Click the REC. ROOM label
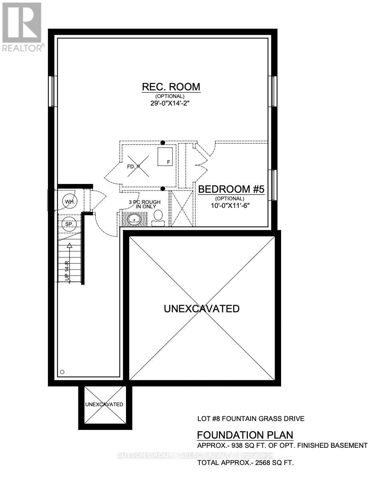click(171, 87)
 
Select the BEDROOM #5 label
click(231, 189)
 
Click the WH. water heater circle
click(69, 202)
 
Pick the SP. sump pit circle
click(69, 224)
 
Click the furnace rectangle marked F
click(165, 156)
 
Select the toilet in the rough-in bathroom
click(159, 218)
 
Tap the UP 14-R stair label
click(68, 271)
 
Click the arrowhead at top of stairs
click(70, 246)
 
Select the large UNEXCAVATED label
click(201, 309)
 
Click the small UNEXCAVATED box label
click(104, 404)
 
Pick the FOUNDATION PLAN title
click(245, 435)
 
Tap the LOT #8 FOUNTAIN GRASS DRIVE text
click(251, 419)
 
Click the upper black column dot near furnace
click(163, 142)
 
